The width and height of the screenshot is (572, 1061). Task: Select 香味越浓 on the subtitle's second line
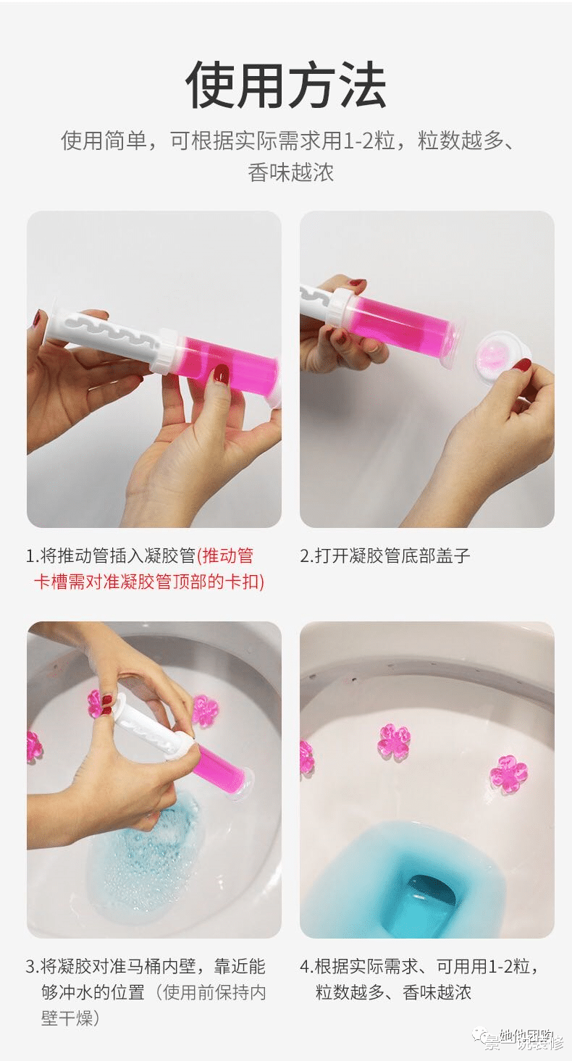click(290, 173)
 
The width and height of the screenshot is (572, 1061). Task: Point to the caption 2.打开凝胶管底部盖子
click(385, 555)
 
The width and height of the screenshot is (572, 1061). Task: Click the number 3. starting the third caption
click(32, 966)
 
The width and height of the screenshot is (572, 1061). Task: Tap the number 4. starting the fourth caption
click(306, 966)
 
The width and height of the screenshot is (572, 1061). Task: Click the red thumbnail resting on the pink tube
click(222, 374)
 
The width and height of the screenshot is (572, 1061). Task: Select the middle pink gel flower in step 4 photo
click(394, 741)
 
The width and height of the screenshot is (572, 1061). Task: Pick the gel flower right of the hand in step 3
click(205, 710)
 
